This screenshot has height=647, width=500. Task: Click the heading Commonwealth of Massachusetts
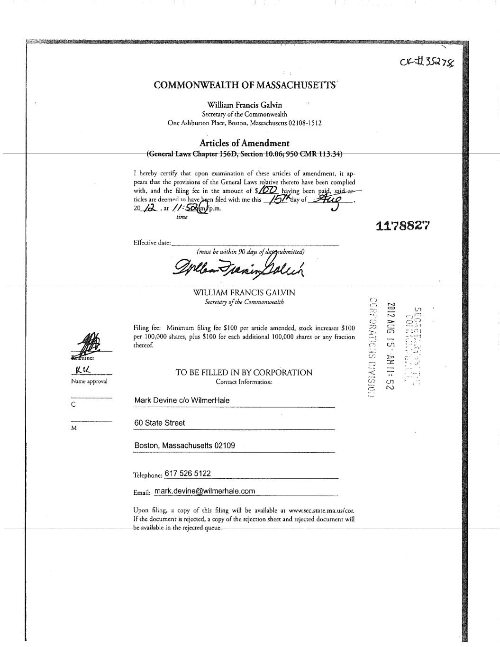245,85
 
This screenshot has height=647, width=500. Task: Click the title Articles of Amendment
244,143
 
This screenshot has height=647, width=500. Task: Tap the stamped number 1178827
402,226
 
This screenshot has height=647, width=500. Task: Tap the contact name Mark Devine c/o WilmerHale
182,401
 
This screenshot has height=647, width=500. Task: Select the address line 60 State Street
160,423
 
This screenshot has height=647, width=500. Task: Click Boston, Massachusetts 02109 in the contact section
185,446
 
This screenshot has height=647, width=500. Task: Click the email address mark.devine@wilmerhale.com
205,491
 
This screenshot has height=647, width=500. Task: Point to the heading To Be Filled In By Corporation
244,373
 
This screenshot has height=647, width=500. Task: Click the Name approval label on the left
89,381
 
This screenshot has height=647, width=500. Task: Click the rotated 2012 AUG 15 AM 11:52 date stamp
391,346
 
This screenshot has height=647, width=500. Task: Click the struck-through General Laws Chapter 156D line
244,154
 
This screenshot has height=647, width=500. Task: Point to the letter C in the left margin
73,405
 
